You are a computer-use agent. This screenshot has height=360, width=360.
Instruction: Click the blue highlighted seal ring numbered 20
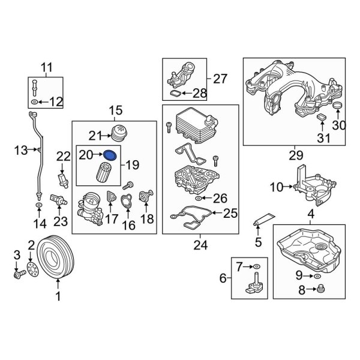click(x=110, y=155)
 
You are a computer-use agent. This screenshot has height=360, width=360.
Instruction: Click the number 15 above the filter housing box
click(x=114, y=110)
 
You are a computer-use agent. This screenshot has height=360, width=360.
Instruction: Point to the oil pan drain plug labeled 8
click(x=320, y=290)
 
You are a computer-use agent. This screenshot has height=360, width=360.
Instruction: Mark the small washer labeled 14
click(x=38, y=207)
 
